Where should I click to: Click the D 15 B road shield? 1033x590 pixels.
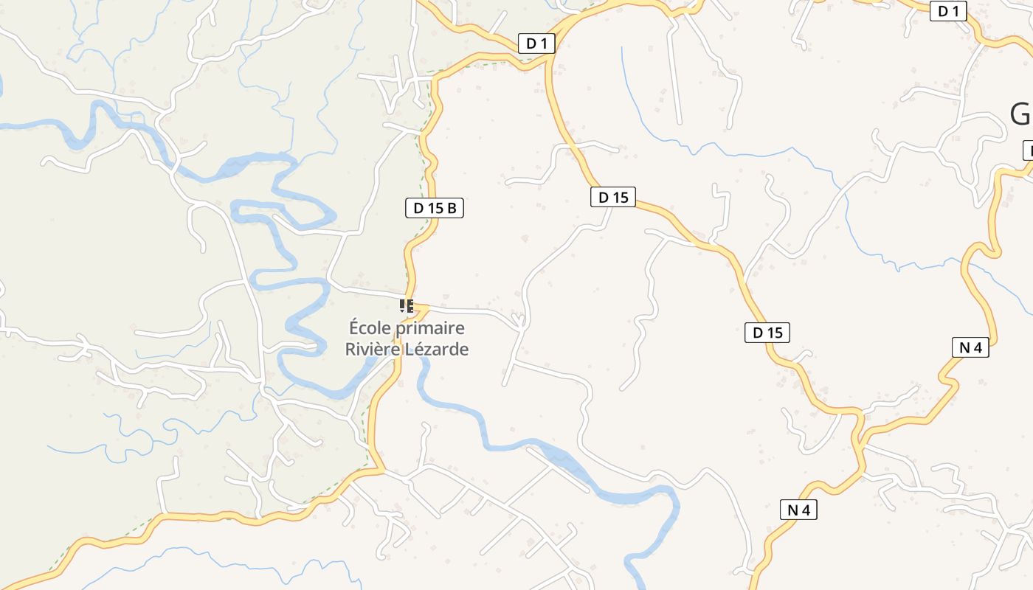(435, 208)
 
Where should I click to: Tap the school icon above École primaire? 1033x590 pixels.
(406, 305)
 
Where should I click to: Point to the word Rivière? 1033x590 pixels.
(372, 349)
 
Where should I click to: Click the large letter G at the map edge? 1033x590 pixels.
(1020, 114)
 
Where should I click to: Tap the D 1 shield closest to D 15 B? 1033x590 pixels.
(536, 44)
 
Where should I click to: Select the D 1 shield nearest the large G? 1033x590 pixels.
(948, 11)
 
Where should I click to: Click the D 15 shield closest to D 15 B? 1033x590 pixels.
(613, 197)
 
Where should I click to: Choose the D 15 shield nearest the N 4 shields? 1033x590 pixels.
(767, 333)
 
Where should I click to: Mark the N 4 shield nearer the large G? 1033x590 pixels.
(970, 347)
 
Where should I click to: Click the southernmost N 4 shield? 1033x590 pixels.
(798, 510)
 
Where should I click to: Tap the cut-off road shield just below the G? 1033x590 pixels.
(1028, 150)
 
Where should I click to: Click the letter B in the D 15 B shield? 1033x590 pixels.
(452, 208)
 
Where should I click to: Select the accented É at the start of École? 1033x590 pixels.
(354, 327)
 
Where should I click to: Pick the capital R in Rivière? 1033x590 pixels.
(350, 349)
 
